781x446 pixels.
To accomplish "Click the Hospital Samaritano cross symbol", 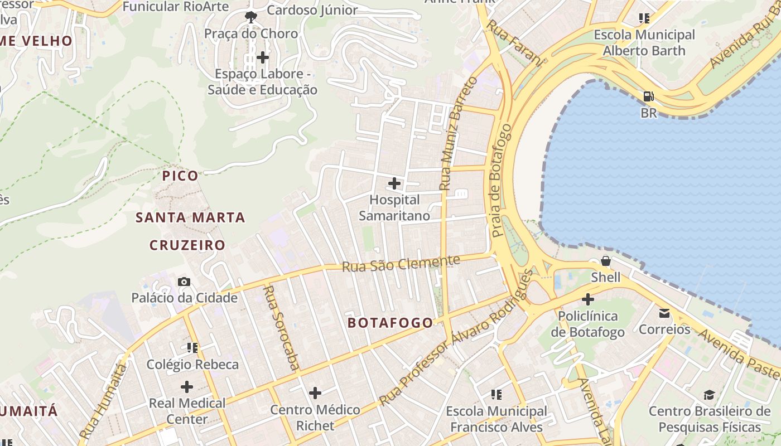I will [394, 183].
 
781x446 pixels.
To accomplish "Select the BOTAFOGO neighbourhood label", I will [390, 323].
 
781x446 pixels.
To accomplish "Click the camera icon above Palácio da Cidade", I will [184, 282].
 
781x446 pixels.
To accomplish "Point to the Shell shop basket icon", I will [605, 261].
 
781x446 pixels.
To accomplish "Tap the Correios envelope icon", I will [664, 313].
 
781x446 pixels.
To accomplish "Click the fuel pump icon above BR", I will [648, 96].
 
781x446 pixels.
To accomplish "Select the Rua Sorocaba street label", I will [281, 327].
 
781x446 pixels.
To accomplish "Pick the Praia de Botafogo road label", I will [500, 181].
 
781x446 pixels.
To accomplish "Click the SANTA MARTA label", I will [190, 218].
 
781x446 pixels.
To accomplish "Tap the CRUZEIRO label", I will [187, 245].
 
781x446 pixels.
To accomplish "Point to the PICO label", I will [180, 176].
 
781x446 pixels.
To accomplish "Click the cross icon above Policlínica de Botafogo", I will [587, 300].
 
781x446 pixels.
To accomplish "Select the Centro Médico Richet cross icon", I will [315, 393].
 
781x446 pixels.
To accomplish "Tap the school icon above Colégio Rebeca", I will [192, 348].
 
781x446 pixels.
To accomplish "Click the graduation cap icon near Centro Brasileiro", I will [709, 395].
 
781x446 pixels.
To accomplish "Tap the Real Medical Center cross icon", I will [187, 387].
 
